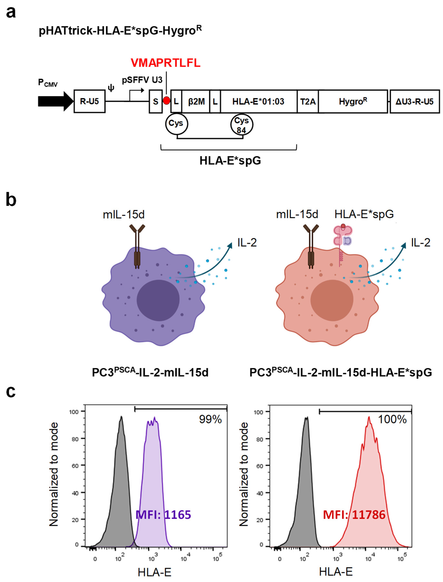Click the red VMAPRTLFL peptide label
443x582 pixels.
click(165, 63)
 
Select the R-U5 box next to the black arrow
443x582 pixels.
click(89, 101)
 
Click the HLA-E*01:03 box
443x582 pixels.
click(258, 101)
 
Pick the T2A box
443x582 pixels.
click(308, 101)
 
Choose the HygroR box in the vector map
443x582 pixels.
click(353, 101)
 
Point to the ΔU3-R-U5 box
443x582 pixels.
click(414, 101)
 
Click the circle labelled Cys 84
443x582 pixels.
click(242, 125)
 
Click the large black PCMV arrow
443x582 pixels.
click(55, 101)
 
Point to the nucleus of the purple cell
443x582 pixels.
click(158, 300)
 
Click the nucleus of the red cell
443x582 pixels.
click(332, 300)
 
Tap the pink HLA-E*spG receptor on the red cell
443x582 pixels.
click(342, 236)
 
